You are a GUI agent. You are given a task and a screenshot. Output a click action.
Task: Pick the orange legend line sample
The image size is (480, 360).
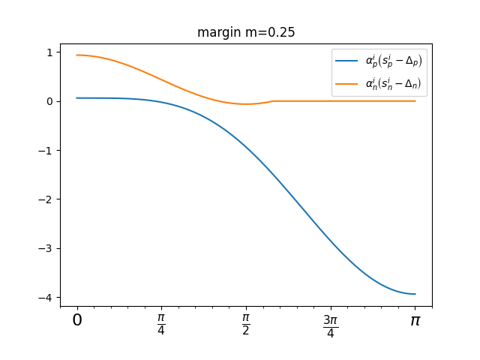(346, 84)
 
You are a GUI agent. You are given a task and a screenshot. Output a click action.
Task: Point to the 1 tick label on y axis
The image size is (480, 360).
(49, 52)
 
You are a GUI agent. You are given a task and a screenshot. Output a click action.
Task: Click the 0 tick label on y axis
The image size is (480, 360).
(49, 101)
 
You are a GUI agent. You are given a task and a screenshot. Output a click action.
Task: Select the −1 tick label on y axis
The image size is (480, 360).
(46, 151)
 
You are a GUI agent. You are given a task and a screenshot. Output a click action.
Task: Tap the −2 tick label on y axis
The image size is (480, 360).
(46, 199)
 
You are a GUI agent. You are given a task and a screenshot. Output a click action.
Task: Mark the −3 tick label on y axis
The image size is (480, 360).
(46, 249)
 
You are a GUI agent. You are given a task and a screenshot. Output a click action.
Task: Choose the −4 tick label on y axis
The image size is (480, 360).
(46, 298)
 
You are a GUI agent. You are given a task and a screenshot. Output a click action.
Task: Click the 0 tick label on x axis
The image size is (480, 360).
(76, 321)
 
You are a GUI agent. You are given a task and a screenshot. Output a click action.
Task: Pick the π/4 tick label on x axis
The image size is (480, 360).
(161, 324)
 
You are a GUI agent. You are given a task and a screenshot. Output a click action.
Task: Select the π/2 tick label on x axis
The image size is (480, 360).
(246, 324)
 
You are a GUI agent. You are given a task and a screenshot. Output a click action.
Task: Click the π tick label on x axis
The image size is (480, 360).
(415, 321)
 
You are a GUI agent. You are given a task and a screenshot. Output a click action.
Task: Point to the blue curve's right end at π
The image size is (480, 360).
(415, 294)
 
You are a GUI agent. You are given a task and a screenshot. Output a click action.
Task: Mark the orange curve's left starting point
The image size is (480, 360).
(76, 55)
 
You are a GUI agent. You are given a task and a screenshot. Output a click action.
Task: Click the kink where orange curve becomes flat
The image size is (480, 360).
(273, 101)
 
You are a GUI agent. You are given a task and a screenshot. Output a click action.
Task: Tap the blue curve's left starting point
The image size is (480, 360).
(76, 98)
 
